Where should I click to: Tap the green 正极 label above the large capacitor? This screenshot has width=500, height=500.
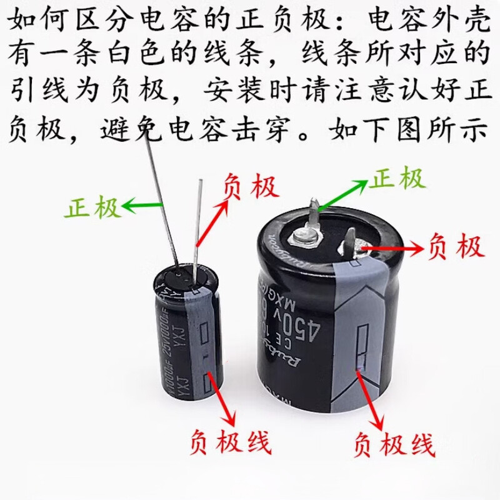tap(397, 179)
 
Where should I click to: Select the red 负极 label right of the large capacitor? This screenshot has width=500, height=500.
tap(456, 247)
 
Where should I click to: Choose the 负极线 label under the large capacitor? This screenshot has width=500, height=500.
tap(394, 445)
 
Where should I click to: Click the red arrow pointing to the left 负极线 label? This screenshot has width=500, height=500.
tap(221, 397)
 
